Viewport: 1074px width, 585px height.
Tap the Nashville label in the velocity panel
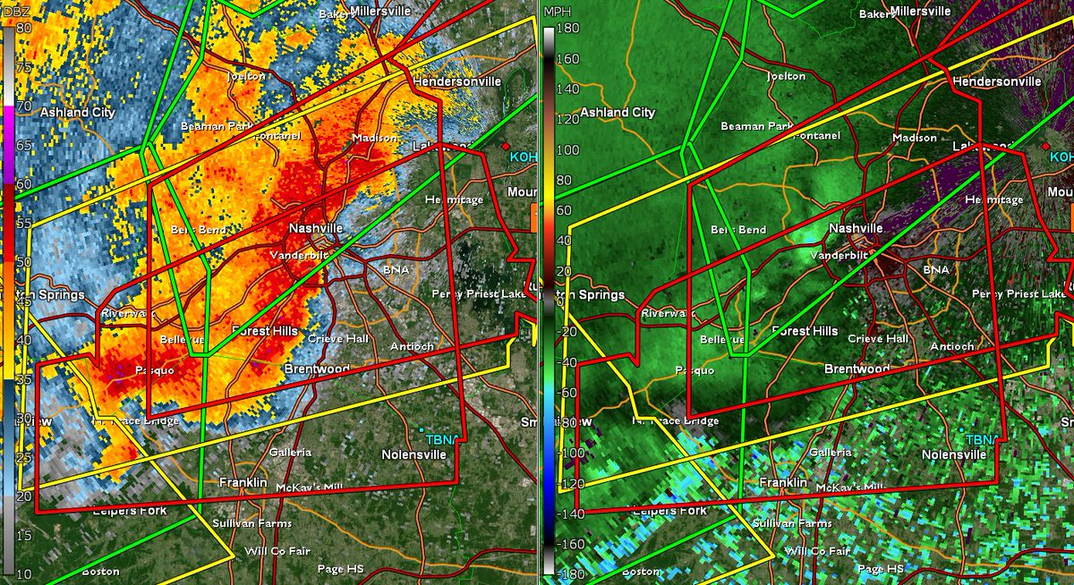point(856,228)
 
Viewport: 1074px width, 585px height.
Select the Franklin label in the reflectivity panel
point(243,483)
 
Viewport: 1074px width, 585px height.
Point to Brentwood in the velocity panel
point(857,369)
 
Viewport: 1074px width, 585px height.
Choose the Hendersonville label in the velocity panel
point(996,81)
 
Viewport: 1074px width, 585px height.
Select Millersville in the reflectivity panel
point(380,11)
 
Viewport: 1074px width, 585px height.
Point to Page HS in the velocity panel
point(882,569)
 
